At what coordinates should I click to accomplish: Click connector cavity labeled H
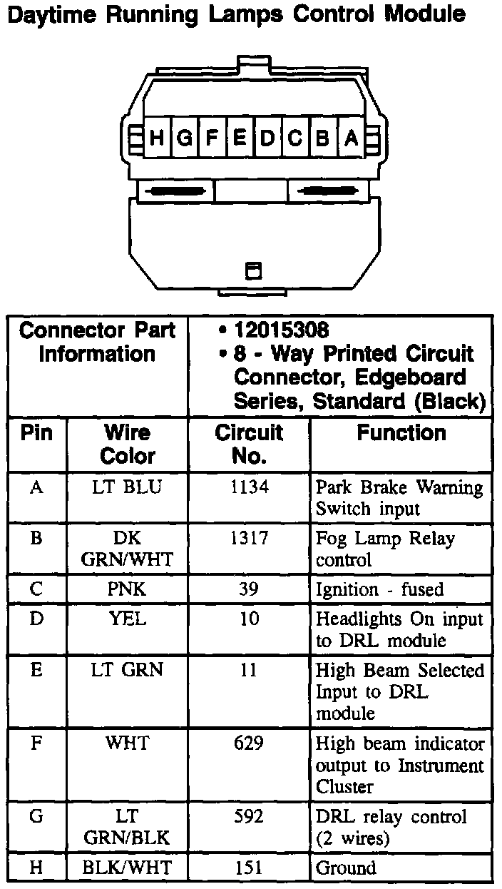(x=158, y=138)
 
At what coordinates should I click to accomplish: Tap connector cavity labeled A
(x=350, y=138)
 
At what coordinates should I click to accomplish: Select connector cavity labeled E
(x=240, y=138)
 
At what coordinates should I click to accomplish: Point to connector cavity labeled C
(x=294, y=138)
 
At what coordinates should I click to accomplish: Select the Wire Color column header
(x=128, y=444)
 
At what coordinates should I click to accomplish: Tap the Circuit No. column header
(x=249, y=444)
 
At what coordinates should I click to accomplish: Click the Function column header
(x=401, y=433)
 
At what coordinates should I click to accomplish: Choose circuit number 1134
(x=249, y=487)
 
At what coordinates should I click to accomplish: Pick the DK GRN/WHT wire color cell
(x=128, y=549)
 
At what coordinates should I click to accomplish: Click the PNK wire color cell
(x=128, y=589)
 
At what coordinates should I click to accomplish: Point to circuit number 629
(x=249, y=743)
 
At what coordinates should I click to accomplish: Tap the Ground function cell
(x=346, y=868)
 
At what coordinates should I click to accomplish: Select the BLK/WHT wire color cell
(x=128, y=868)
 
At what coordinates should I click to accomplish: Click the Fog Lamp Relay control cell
(x=385, y=549)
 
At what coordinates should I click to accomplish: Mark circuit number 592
(x=249, y=816)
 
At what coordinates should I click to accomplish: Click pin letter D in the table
(x=37, y=619)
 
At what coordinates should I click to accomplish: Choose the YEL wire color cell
(x=128, y=619)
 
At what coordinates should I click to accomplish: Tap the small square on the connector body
(x=252, y=271)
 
